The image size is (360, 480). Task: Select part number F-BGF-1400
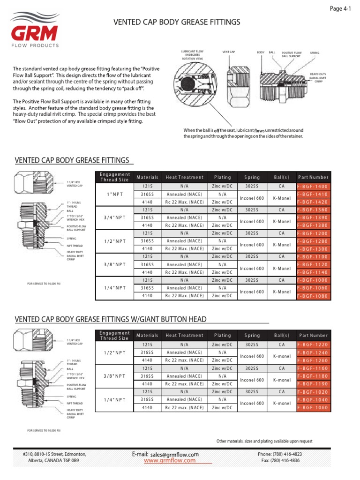[x=313, y=187]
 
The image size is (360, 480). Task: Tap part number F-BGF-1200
[x=313, y=233]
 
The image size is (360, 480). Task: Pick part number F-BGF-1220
[x=313, y=345]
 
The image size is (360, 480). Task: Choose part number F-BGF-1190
[x=313, y=383]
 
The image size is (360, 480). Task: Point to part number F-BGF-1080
[x=313, y=296]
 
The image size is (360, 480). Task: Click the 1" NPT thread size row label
[x=114, y=194]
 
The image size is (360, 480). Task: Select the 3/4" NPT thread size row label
[x=114, y=217]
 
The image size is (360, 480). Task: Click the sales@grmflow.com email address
[x=174, y=454]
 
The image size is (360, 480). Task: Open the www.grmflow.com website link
[x=169, y=461]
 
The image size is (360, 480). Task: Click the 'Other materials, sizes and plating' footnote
[x=264, y=441]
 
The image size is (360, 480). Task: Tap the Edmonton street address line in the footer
[x=54, y=454]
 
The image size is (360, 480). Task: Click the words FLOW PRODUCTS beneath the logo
[x=35, y=45]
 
